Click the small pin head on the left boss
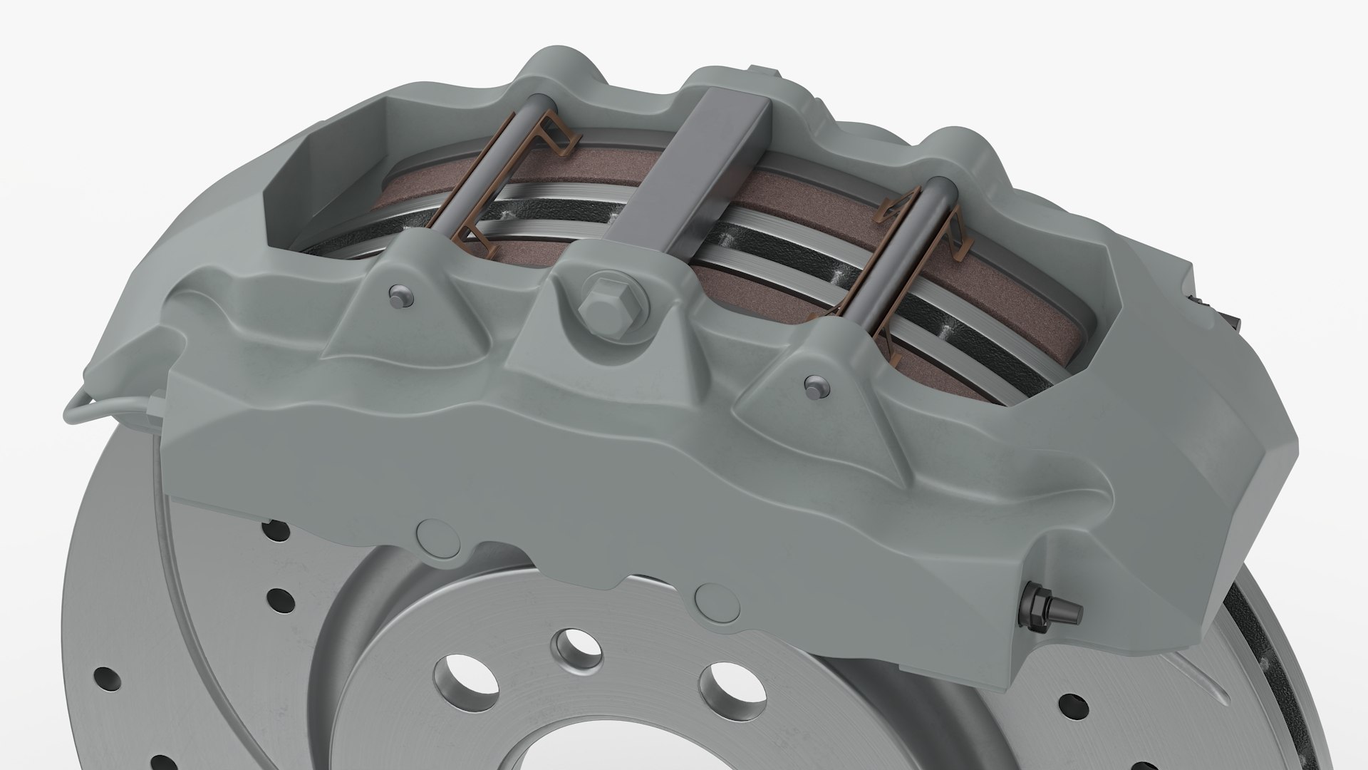400,295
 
